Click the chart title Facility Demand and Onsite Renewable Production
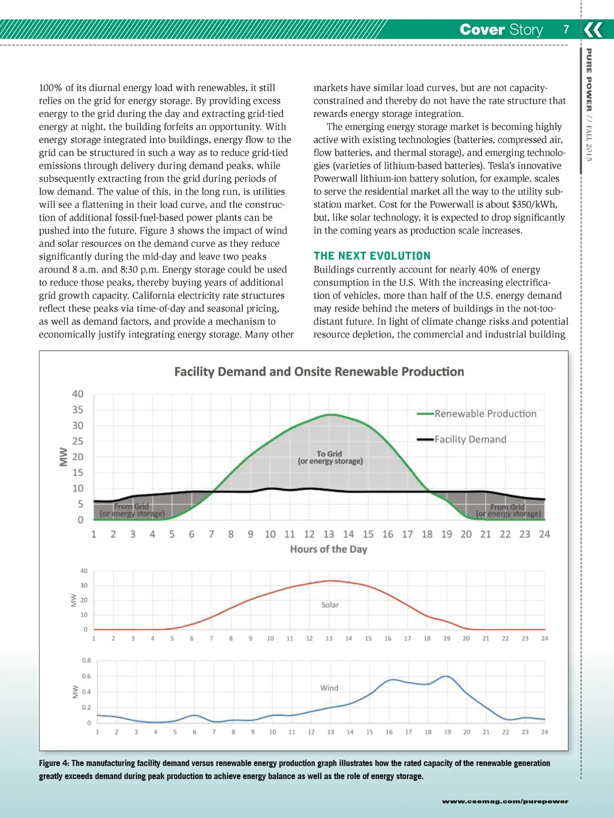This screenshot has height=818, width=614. (x=319, y=372)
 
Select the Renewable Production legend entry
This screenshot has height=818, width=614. (x=485, y=413)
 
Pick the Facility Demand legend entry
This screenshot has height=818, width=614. (x=470, y=439)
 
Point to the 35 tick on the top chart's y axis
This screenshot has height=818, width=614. (x=78, y=410)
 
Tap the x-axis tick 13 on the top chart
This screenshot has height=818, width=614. (x=329, y=534)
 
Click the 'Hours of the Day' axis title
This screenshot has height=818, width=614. (x=329, y=549)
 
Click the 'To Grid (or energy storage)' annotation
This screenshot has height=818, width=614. (x=330, y=457)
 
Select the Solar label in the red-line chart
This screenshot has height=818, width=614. (x=330, y=605)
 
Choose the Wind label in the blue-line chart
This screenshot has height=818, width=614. (x=329, y=688)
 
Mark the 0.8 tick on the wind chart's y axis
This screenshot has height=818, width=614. (x=86, y=660)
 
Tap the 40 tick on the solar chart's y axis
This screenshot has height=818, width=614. (x=84, y=571)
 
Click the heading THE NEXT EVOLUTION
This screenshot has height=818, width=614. (x=372, y=256)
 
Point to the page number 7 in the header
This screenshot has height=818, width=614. (x=566, y=29)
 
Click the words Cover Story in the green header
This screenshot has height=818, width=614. (x=501, y=29)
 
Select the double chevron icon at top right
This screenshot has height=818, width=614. (x=593, y=29)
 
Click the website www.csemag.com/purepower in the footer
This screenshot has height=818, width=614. (x=505, y=801)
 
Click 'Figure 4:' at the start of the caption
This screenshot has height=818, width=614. (x=54, y=763)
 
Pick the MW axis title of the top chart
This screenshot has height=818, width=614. (x=63, y=457)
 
